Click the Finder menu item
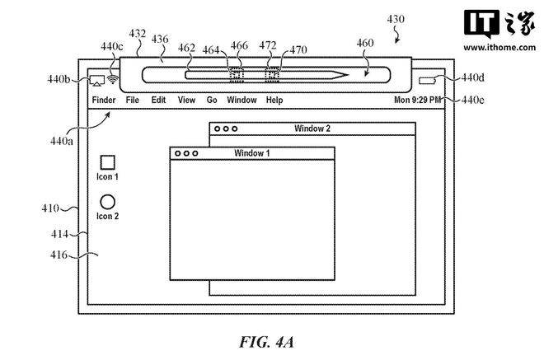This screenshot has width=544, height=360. pos(104,100)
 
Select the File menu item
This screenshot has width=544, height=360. pos(132,100)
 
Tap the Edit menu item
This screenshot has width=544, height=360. pos(158,100)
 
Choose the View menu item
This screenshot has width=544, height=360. pos(186,100)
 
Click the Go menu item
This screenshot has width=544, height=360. pos(212,100)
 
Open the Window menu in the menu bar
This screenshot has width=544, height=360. pos(242,100)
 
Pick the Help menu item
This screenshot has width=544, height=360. pos(274,100)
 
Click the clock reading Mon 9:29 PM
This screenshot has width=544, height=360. pos(417,100)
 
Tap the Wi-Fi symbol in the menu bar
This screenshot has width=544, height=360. pos(112,79)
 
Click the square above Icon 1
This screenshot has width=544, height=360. pos(107,162)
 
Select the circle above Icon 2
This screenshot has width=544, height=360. pos(107,202)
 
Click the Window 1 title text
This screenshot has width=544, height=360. pos(252,153)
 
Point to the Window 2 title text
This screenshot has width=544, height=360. pos(312,129)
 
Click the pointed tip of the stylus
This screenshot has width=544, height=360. pos(348,75)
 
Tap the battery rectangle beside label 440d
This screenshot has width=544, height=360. pos(427,81)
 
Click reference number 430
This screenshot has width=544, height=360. pos(396,19)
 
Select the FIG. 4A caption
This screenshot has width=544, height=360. pos(266,342)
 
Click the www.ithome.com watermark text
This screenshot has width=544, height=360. pos(499,47)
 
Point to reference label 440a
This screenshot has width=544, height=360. pos(62,141)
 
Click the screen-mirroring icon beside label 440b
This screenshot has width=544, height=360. pos(97,81)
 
